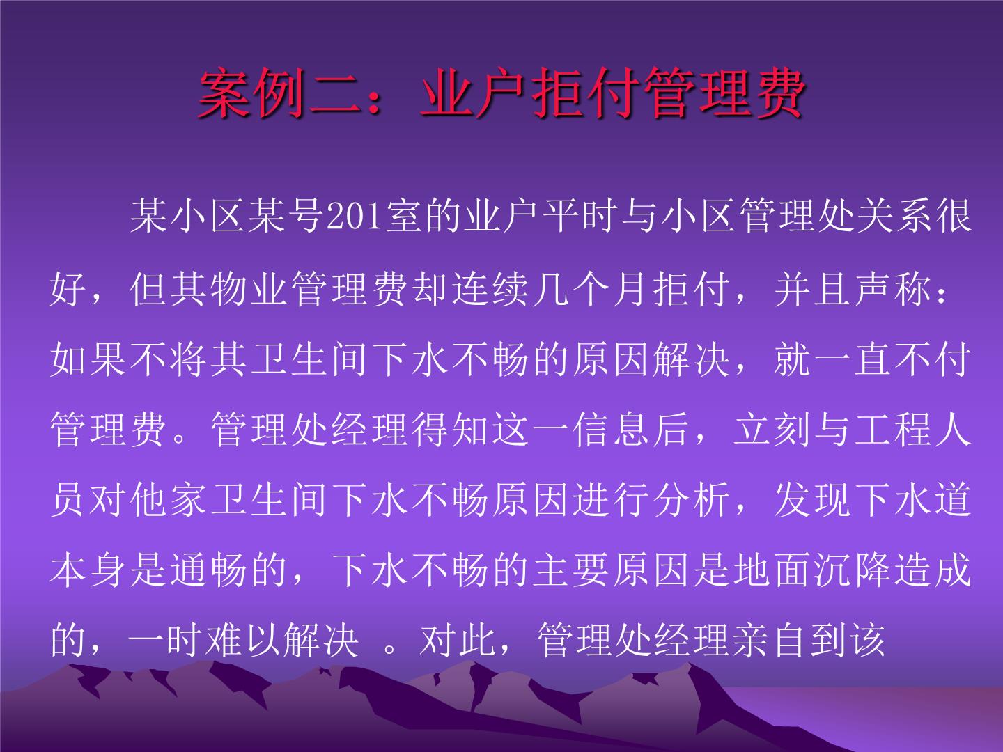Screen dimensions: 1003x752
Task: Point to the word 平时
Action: tap(580, 217)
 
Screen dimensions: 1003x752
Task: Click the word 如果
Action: tap(88, 360)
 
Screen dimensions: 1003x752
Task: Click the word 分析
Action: tap(690, 499)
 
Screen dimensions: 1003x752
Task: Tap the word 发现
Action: tap(811, 499)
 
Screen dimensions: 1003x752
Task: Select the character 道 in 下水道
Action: tap(952, 499)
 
